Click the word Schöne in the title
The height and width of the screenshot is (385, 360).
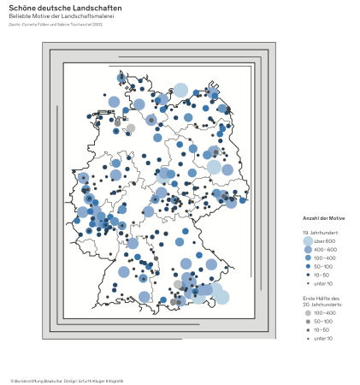coord(23,8)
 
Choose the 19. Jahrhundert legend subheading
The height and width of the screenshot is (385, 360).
coord(321,233)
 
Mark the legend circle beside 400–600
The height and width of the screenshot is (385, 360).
coord(308,249)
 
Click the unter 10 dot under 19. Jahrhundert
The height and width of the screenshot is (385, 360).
coord(308,283)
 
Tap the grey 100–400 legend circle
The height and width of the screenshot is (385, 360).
coord(308,313)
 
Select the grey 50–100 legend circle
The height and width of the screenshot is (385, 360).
coord(308,322)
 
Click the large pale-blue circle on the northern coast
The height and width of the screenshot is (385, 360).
coord(180,90)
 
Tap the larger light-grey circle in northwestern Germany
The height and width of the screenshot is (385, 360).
coord(131,128)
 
